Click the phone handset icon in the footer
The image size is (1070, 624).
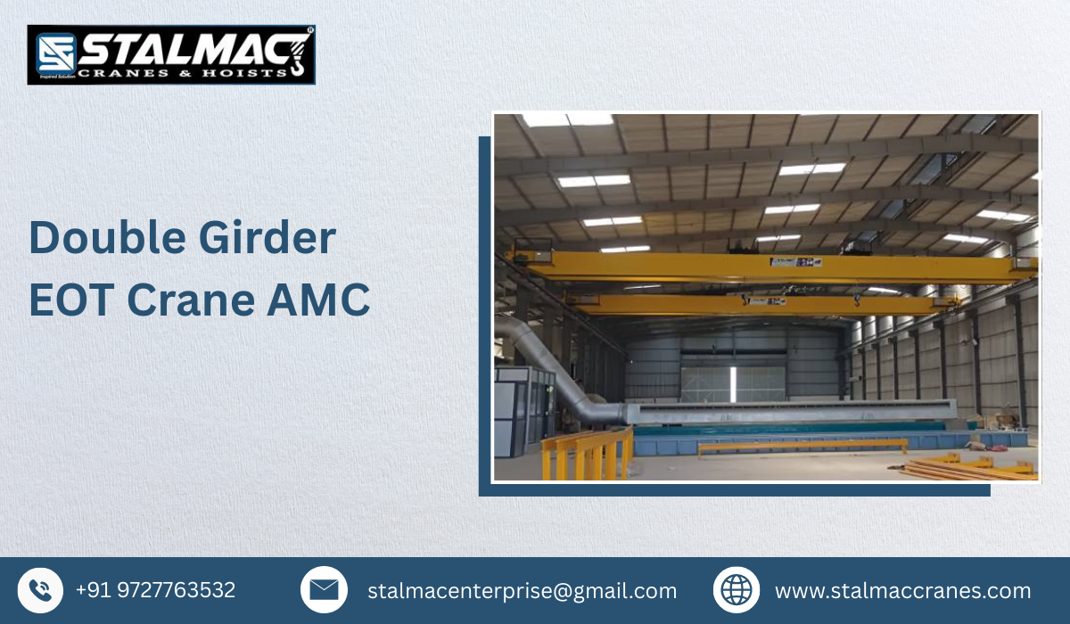(40, 590)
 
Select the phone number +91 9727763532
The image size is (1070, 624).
(155, 590)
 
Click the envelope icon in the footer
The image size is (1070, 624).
(324, 590)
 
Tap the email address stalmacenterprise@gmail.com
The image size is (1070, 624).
(522, 590)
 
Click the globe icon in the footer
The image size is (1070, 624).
(737, 590)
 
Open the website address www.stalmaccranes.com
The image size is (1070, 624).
(902, 590)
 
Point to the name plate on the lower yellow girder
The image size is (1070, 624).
(756, 301)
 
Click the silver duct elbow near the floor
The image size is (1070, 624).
(599, 410)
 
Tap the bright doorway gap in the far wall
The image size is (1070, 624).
(733, 383)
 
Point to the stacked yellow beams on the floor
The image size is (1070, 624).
(967, 469)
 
